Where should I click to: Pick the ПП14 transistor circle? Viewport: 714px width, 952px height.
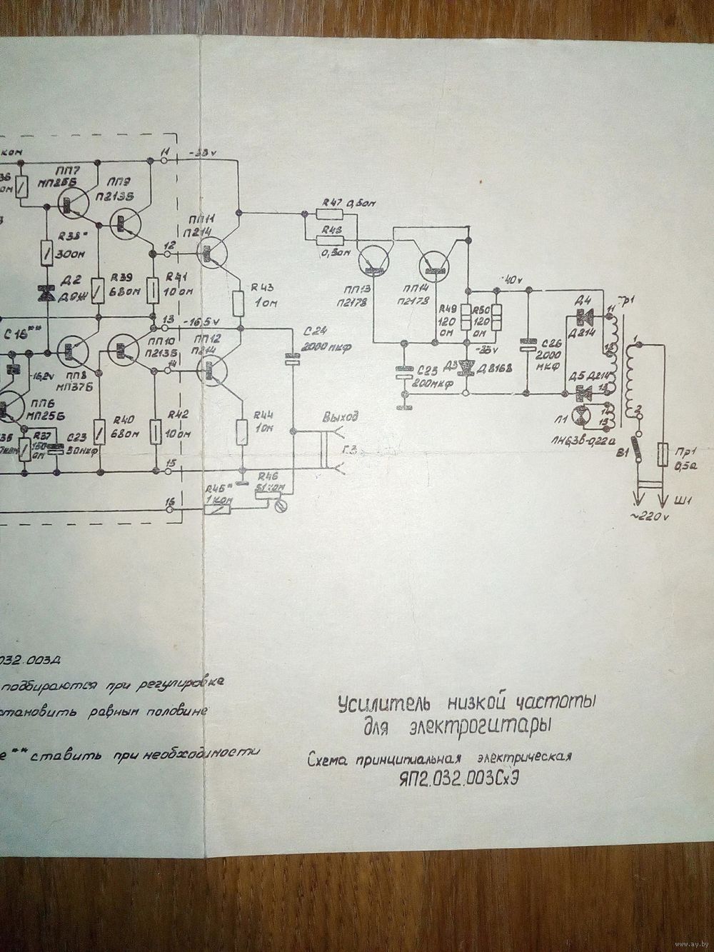pyautogui.click(x=435, y=263)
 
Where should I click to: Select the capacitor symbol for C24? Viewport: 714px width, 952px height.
pyautogui.click(x=291, y=359)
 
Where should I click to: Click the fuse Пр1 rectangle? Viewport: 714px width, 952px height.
pyautogui.click(x=665, y=454)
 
